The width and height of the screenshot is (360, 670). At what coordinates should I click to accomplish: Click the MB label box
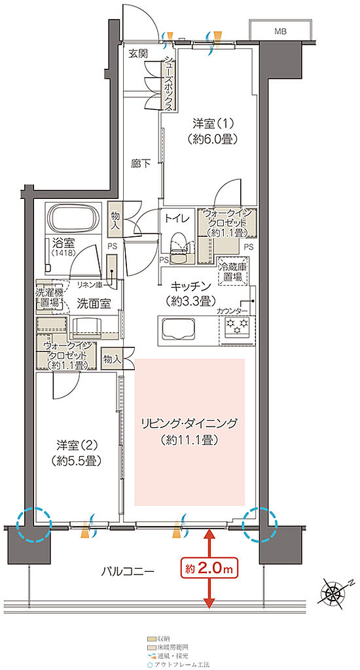click(x=280, y=30)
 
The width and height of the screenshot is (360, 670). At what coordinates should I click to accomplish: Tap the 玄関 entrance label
click(x=138, y=53)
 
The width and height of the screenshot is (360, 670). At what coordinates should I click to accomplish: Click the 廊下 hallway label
click(x=139, y=164)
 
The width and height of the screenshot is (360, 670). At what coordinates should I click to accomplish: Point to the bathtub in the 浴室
click(x=73, y=217)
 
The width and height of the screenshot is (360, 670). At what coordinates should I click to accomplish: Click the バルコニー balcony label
click(x=128, y=571)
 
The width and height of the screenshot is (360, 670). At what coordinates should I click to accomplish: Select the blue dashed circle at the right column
click(x=260, y=524)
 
